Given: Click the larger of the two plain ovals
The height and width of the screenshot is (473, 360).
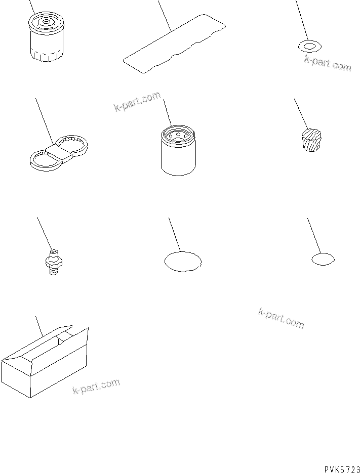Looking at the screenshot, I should click(x=183, y=262).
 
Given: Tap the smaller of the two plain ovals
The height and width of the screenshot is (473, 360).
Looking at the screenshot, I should click(x=323, y=260).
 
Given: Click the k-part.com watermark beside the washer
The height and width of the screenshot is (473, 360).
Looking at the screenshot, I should click(x=328, y=64).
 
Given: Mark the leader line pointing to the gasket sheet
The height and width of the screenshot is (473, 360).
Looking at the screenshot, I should click(x=165, y=15).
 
